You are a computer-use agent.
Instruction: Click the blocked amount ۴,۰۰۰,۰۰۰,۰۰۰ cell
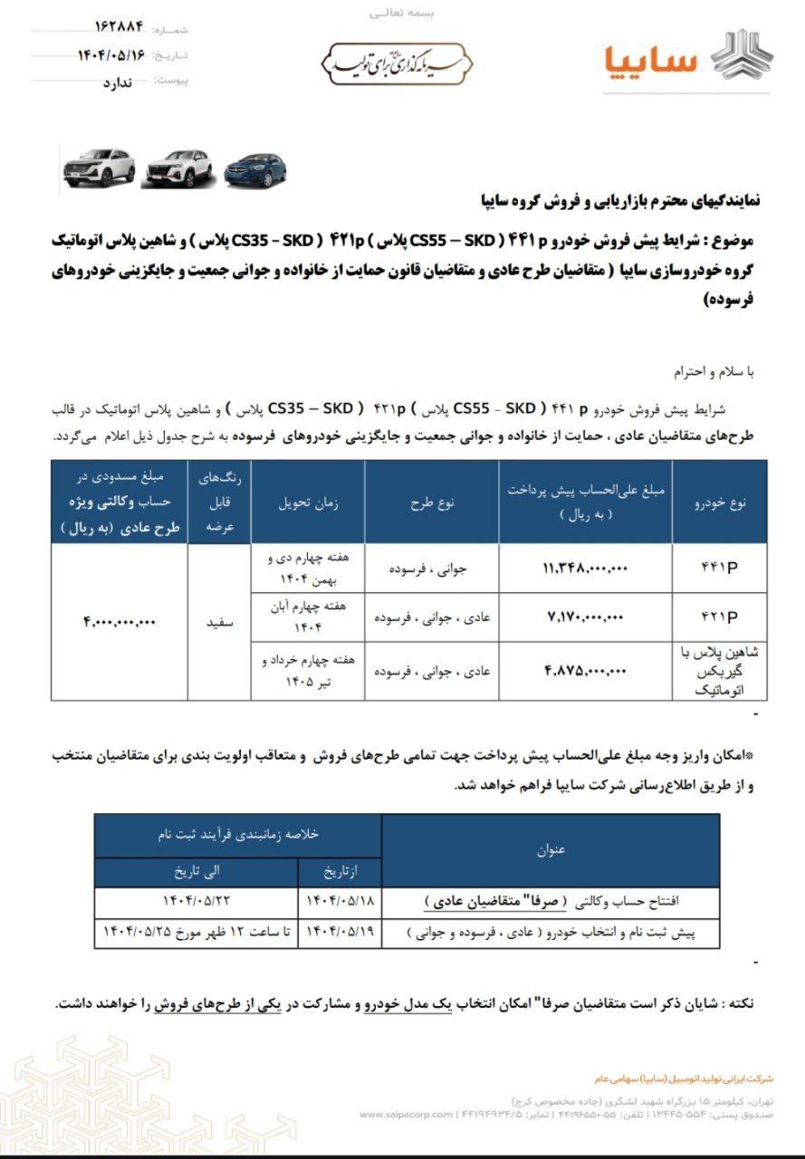[x=120, y=621]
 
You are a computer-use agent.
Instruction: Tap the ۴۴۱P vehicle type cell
[x=720, y=568]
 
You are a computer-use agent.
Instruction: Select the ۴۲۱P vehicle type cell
[x=720, y=618]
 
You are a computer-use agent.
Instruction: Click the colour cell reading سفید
[x=219, y=621]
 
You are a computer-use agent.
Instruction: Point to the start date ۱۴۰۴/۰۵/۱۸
[x=340, y=901]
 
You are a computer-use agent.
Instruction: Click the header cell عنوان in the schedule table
[x=551, y=849]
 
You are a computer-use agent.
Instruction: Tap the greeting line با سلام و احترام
[x=711, y=372]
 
